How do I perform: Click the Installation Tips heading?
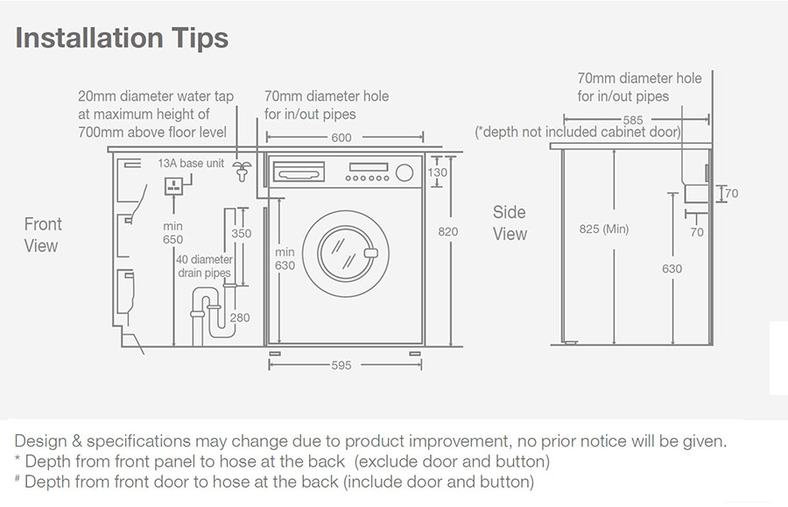coord(122,39)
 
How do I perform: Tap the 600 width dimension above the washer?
coord(341,137)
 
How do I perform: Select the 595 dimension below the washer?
coord(341,365)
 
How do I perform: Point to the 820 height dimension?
coord(447,232)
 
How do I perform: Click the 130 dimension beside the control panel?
coord(437,173)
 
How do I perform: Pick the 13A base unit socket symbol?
coord(174,186)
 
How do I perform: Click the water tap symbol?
coord(243,172)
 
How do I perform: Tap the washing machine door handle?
coord(371,253)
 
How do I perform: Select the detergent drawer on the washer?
coord(299,173)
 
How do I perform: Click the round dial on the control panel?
coord(405,173)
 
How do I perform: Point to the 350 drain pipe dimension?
coord(242,234)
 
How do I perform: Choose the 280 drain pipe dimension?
coord(240,318)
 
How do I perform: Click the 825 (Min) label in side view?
coord(604,229)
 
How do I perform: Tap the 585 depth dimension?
coord(633,120)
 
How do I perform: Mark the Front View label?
coord(43,235)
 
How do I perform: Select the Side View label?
coord(510,223)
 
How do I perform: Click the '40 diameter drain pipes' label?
coord(204,266)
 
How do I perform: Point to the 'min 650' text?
coord(172,233)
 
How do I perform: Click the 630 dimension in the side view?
coord(672,269)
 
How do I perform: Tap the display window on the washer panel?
coord(369,167)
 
